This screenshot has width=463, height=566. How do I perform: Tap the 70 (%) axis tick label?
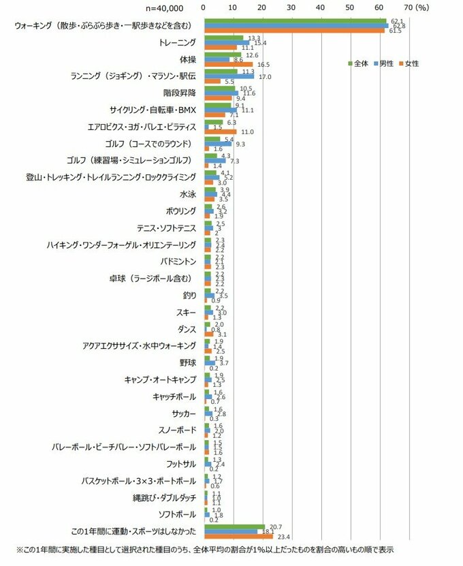(416, 7)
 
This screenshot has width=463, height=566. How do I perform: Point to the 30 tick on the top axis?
(291, 7)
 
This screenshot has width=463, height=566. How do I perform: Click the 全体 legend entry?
(359, 63)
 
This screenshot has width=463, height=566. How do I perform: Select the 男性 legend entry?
(386, 63)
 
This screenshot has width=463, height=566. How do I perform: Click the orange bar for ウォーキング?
(293, 31)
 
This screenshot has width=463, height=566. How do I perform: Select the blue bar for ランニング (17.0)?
(229, 76)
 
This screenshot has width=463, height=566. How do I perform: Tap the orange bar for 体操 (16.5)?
(228, 65)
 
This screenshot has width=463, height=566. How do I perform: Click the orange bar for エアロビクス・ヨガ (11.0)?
(220, 131)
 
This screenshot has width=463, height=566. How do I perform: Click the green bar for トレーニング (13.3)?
(223, 37)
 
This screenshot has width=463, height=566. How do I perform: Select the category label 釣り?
(190, 295)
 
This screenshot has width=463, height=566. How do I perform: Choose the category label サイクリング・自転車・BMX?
(153, 110)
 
